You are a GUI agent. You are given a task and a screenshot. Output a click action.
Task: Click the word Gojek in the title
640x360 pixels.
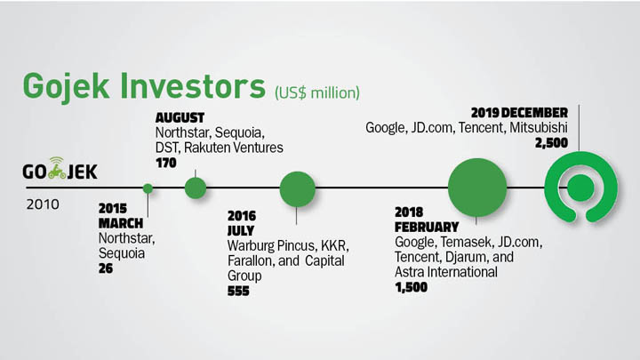pos(66,87)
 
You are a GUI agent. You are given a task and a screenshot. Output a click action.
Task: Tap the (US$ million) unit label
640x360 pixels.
pos(317,92)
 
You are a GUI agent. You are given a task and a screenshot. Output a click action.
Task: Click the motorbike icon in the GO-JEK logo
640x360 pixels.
pos(57,168)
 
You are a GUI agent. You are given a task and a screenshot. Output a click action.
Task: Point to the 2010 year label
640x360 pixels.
pos(43,204)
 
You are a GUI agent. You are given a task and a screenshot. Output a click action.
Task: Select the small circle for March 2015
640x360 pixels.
pos(148,188)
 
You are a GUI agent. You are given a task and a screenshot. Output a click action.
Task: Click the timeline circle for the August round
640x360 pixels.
pos(196,188)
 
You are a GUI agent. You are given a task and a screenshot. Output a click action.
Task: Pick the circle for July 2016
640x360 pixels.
pos(298,189)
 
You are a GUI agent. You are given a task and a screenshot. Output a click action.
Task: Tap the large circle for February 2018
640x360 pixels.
pos(477,188)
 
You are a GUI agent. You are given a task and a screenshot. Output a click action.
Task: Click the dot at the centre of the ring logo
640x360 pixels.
pos(580,188)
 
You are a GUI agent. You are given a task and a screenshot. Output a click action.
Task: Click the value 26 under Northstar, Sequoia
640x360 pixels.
pos(106,268)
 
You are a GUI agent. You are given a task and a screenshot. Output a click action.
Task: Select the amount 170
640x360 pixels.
pos(165,163)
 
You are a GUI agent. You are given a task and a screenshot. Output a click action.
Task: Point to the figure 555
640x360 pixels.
pos(238,291)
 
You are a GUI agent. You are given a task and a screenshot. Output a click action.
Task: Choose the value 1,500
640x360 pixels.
pos(411,287)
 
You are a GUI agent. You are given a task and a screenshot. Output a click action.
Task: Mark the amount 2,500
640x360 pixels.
pos(551,143)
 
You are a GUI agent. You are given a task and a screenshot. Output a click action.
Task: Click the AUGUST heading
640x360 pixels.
pos(180,118)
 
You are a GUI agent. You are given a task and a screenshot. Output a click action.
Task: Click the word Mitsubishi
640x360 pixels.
pos(539,128)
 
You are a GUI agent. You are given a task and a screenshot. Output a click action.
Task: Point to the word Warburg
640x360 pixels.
pos(251,245)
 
